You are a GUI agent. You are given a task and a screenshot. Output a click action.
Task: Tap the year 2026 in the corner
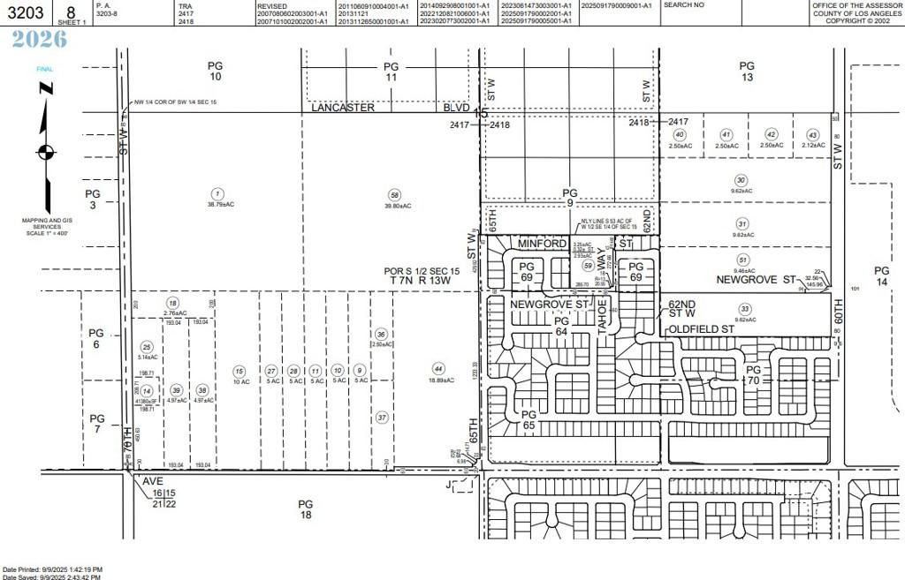click(39, 39)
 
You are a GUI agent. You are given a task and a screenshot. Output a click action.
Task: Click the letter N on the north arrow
click(45, 87)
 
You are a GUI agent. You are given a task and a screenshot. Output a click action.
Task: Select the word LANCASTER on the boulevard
click(344, 107)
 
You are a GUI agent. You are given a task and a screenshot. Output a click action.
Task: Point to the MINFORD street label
click(542, 243)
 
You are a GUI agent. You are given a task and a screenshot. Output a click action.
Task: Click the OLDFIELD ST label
click(702, 328)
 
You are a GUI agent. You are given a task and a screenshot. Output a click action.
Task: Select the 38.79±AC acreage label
click(215, 204)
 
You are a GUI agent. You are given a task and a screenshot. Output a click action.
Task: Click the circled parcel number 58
click(394, 194)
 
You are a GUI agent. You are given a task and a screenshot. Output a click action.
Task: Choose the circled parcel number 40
click(679, 134)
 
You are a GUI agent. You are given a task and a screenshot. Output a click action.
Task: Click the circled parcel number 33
click(745, 308)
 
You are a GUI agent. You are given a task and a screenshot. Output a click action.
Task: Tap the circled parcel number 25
click(147, 347)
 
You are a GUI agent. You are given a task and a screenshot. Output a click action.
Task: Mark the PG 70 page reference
click(753, 375)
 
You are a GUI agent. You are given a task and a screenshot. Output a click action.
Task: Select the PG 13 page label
click(747, 72)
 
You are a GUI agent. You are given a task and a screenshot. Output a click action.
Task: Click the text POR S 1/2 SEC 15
click(422, 270)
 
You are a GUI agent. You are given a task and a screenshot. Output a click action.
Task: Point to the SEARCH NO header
click(684, 5)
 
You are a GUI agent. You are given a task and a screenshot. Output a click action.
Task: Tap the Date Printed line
click(53, 569)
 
